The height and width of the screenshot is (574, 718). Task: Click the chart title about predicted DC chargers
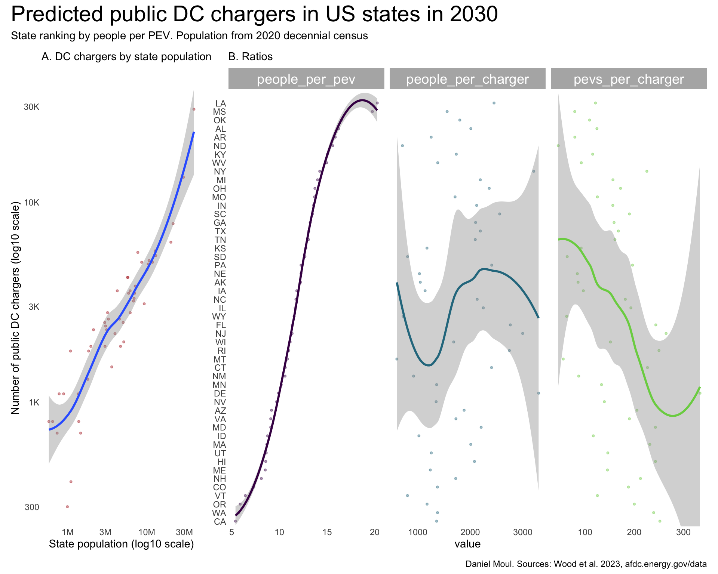(254, 15)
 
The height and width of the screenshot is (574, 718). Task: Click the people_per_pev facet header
(306, 79)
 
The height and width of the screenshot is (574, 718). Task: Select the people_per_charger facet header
(467, 79)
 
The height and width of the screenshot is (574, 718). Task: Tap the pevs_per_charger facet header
(629, 79)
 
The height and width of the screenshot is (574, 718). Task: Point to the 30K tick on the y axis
(31, 107)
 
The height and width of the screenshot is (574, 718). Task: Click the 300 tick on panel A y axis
(32, 507)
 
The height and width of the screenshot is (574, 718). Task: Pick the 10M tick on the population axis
(147, 532)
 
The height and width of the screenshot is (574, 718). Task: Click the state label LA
(221, 104)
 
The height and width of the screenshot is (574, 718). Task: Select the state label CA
(220, 522)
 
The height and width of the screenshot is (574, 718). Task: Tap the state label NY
(220, 172)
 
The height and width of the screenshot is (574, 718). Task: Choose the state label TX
(221, 231)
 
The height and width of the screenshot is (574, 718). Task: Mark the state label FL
(221, 325)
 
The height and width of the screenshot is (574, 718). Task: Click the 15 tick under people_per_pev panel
(327, 532)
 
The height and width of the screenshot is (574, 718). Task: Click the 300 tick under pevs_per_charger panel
(683, 532)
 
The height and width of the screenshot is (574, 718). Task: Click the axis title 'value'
(467, 544)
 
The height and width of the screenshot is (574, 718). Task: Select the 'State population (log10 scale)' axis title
(121, 544)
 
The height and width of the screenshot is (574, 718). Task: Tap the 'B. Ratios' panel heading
(250, 57)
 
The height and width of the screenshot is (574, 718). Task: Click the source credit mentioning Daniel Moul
(586, 564)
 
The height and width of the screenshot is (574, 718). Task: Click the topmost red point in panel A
(194, 109)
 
